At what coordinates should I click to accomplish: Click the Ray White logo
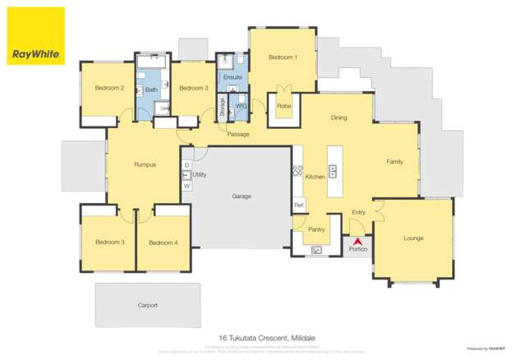pos(35,36)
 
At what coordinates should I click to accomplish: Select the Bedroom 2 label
pos(108,88)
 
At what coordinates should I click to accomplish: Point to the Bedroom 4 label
pos(163,242)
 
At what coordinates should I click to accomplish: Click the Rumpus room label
pos(145,165)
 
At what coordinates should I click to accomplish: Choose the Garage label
pos(242,196)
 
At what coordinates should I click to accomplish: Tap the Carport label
pos(147,305)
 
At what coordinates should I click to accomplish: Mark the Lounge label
pos(413,238)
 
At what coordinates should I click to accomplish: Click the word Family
pos(394,162)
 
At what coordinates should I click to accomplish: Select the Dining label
pos(338,118)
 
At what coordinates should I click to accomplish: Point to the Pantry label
pos(316,229)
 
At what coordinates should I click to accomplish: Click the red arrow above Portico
pos(357,239)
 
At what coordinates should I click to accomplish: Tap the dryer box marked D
pos(187,165)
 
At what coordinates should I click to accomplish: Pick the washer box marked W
pos(187,186)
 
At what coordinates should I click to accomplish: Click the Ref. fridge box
pos(299,205)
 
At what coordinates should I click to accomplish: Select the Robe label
pos(283,106)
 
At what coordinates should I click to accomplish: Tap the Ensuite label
pos(233,76)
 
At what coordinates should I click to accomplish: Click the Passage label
pos(238,134)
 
